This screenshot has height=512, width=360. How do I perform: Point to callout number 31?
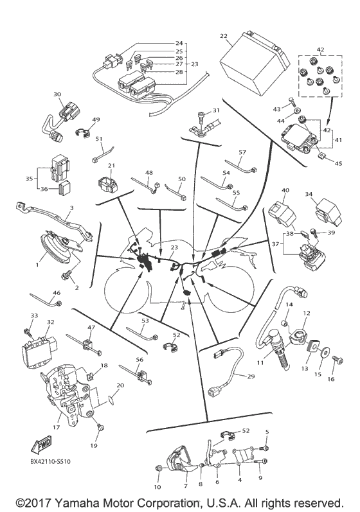tap(216, 110)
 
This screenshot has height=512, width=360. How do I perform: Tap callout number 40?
tap(285, 191)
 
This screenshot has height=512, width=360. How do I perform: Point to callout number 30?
tap(57, 94)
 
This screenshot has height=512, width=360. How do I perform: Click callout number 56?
tap(139, 360)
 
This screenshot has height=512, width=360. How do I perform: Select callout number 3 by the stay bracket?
tap(71, 207)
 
